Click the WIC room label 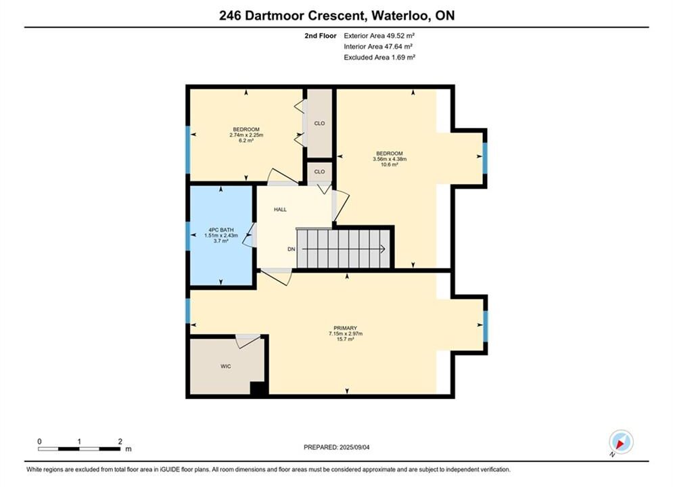coord(226,366)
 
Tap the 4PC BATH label coord(221,230)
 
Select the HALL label coord(280,210)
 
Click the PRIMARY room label coord(346,328)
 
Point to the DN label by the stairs coord(292,249)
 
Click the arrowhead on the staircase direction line coord(382,249)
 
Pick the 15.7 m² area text coord(346,339)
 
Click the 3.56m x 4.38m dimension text coord(390,159)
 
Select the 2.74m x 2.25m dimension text coord(246,135)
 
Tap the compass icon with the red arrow coord(621,442)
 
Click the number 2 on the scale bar coord(120,441)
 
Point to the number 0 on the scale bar coord(39,441)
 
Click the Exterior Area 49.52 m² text coord(379,36)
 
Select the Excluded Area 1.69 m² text coord(379,57)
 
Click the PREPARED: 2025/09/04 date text coord(337,447)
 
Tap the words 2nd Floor coord(321,36)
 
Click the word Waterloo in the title coord(400,16)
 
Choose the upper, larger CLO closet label coord(319,123)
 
